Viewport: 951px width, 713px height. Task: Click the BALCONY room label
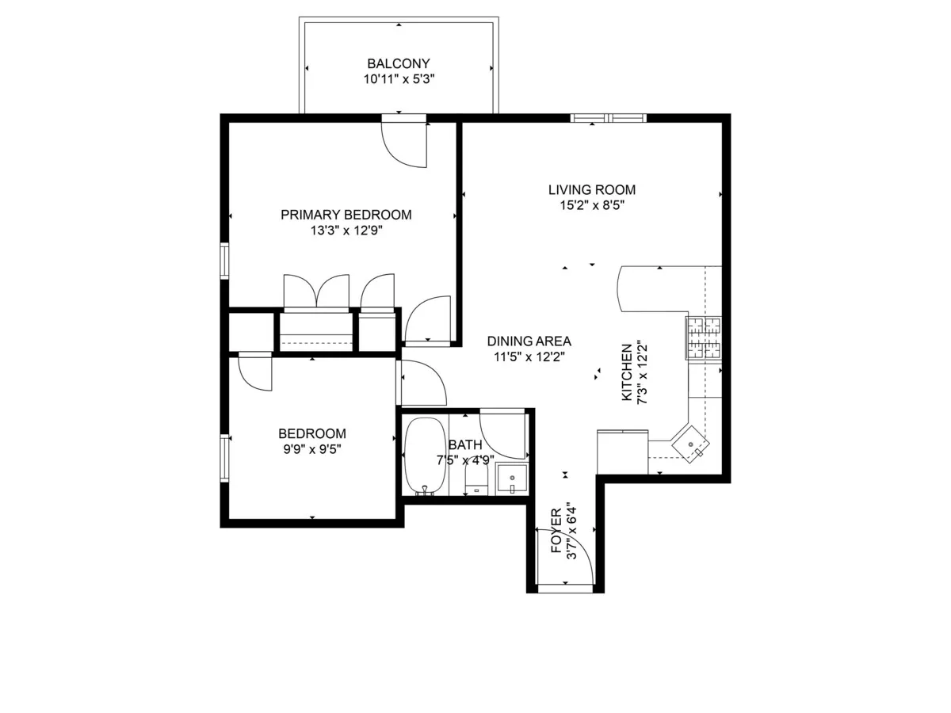[398, 63]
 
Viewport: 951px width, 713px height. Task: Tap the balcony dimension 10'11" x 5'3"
[398, 79]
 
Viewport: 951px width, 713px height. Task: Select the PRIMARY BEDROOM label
[346, 215]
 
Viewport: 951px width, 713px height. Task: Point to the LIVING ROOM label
[592, 190]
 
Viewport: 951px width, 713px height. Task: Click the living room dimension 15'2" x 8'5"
[592, 205]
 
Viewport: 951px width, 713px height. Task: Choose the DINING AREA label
[529, 341]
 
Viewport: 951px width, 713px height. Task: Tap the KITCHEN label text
[627, 372]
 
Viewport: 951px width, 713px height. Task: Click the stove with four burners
[704, 338]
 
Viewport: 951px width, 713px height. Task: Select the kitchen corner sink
[692, 446]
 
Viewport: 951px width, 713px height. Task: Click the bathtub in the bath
[426, 456]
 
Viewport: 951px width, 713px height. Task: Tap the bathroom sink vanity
[512, 479]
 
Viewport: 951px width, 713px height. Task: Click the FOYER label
[556, 531]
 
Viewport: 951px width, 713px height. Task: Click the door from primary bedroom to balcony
[404, 143]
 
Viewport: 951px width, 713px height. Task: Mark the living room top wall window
[609, 119]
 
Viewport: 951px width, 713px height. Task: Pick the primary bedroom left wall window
[224, 261]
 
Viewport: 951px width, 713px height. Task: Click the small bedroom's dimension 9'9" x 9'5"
[311, 449]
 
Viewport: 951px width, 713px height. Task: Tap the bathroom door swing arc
[503, 435]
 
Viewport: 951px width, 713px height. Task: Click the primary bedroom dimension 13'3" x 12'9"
[346, 231]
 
